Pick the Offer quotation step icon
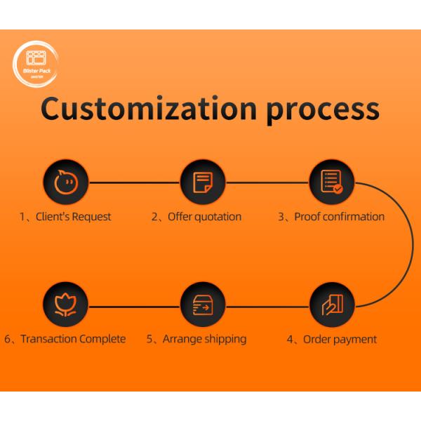(203, 182)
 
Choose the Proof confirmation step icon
(332, 182)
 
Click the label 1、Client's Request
(65, 216)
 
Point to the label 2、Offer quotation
(196, 216)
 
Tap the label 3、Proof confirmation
(331, 216)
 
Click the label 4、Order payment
(332, 340)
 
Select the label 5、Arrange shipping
(196, 340)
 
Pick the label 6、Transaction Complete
(65, 340)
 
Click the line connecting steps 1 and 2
(134, 182)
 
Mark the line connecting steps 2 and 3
(267, 182)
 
